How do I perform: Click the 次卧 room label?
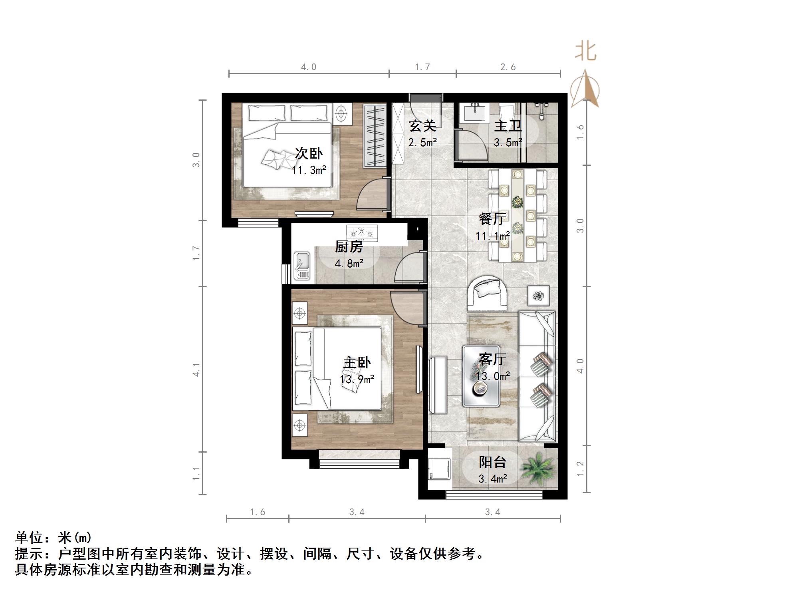coord(308,153)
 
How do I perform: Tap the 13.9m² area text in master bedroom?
coord(357,379)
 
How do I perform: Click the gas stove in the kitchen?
coord(362,233)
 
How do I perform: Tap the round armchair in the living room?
coord(488,293)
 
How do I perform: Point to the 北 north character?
coord(586,52)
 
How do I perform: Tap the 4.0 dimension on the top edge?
coord(309,67)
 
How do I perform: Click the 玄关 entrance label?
coord(422,126)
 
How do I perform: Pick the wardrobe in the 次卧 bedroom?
coord(375,136)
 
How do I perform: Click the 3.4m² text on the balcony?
coord(493,478)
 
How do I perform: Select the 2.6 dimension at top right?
coord(508,67)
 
